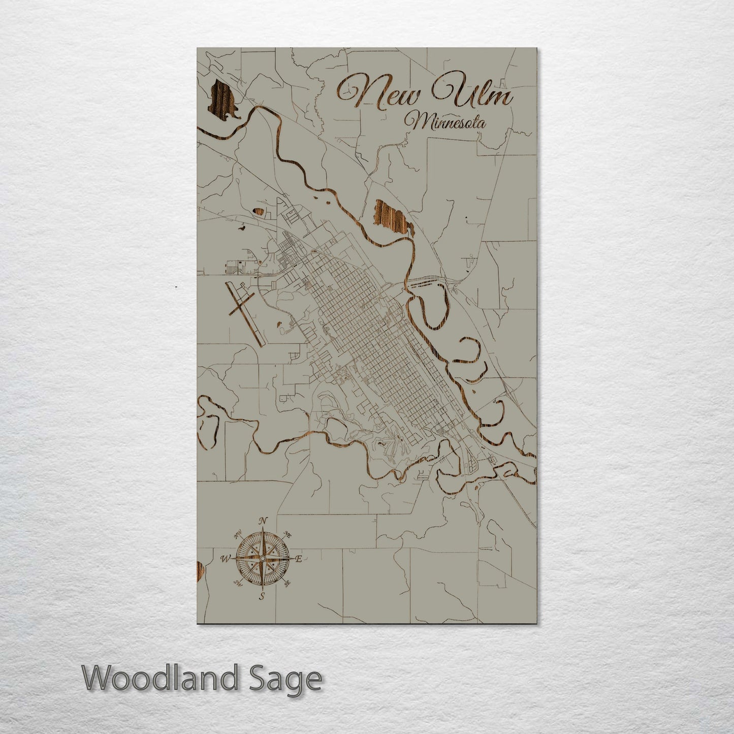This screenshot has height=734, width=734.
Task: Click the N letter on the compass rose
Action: [263, 521]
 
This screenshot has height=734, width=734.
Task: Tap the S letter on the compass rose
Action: [262, 596]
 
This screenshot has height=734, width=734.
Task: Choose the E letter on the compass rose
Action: [299, 559]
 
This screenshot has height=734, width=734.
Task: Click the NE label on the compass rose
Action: [288, 535]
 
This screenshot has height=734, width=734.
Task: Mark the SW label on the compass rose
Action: [236, 583]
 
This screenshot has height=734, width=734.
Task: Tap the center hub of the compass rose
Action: [262, 559]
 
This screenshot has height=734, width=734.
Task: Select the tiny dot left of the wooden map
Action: [176, 287]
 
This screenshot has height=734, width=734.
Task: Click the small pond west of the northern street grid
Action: [259, 211]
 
